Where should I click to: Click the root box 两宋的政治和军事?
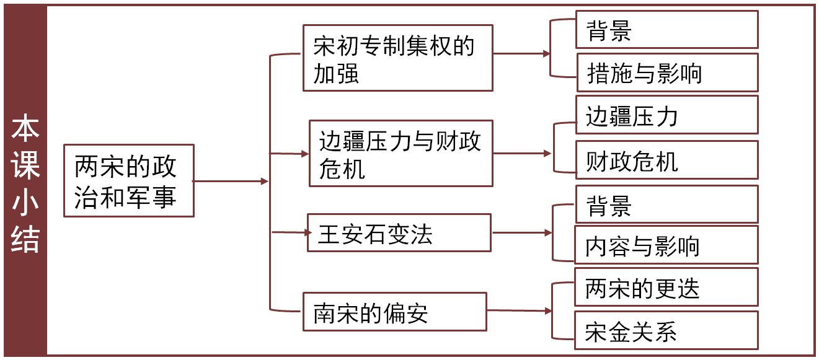pos(129,180)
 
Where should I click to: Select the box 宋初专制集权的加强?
pos(397,58)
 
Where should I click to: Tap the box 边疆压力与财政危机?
pos(401,153)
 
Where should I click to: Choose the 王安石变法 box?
pos(399,233)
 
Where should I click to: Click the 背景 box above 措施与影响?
pos(666,30)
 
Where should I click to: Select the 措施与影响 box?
pos(666,72)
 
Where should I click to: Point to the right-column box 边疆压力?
pos(666,115)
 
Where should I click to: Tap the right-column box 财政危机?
pos(666,160)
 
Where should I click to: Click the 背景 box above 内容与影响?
pos(666,204)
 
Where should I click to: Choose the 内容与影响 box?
pos(666,245)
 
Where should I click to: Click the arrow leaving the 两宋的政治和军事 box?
pos(231,181)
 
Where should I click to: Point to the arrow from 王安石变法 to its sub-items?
pos(521,233)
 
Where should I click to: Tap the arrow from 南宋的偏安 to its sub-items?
pos(518,310)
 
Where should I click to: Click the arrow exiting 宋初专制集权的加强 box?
pos(521,54)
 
